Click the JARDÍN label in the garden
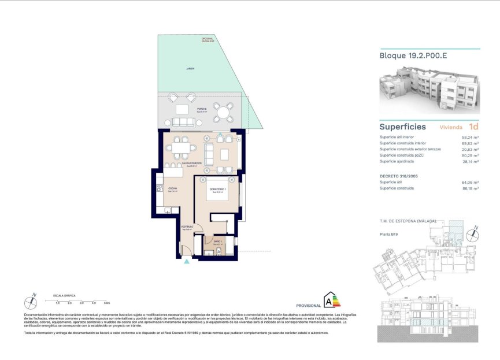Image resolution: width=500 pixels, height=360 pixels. [x=190, y=69]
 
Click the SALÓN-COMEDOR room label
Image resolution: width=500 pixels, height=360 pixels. [x=191, y=165]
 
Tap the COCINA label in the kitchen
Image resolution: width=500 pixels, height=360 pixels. [x=172, y=189]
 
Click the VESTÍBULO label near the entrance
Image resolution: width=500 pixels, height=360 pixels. [x=186, y=227]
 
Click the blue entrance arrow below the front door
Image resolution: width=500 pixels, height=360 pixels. [x=186, y=262]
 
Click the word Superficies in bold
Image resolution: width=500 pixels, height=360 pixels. [x=402, y=127]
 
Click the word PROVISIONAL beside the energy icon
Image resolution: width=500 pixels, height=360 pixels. [x=308, y=305]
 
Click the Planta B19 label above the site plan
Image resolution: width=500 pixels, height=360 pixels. [x=389, y=233]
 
